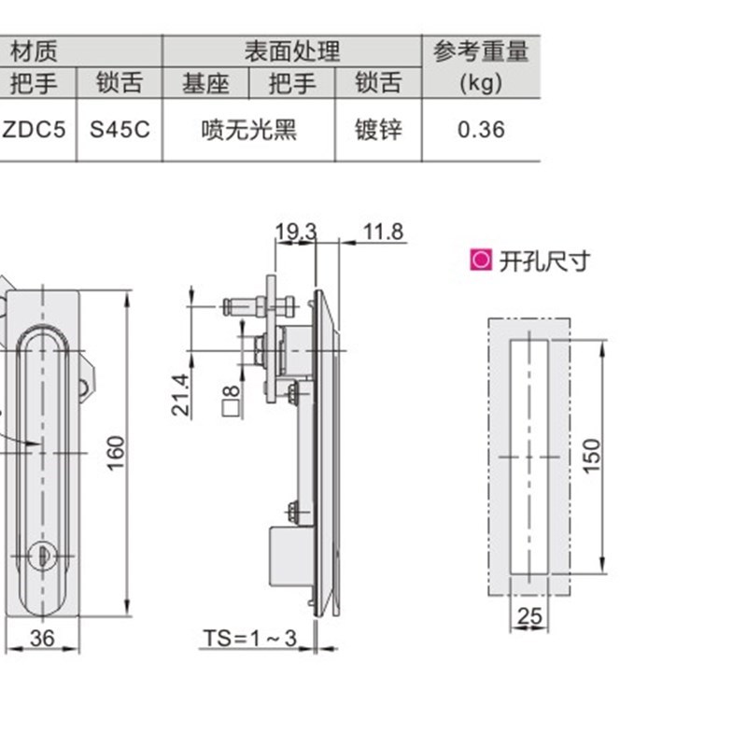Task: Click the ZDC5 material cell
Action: tap(34, 130)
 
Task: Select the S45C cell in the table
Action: tap(120, 130)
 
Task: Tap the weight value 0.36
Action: tap(481, 130)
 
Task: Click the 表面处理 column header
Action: tap(292, 50)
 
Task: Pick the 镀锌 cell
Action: tap(379, 130)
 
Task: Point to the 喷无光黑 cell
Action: tap(249, 130)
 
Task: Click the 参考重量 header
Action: tap(481, 50)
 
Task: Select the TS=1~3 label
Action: tap(249, 639)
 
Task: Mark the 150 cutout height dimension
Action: tap(593, 456)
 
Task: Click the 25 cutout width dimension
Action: tap(529, 615)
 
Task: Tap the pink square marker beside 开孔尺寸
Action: tap(480, 261)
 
